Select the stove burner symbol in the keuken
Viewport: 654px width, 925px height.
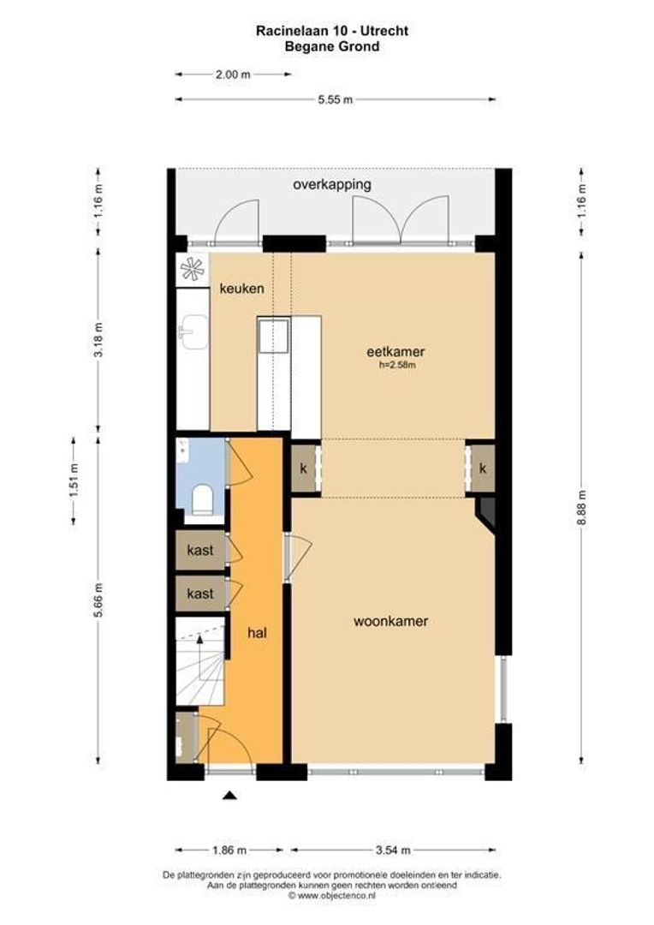click(193, 269)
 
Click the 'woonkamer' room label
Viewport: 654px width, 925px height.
click(390, 621)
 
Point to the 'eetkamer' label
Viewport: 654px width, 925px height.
click(395, 351)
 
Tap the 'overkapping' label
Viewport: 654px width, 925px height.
click(331, 184)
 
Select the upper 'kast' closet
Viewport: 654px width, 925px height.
click(199, 550)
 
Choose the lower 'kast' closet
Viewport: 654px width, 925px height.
click(199, 594)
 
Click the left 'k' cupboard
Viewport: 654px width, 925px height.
click(303, 468)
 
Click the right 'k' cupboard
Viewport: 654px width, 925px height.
click(483, 468)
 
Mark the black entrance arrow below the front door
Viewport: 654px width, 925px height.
click(229, 797)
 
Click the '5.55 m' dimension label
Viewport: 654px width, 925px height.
click(335, 99)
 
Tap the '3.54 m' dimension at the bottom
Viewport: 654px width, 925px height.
click(393, 850)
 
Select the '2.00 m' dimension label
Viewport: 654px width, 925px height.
click(233, 75)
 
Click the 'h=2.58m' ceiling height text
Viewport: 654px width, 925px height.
click(395, 366)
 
